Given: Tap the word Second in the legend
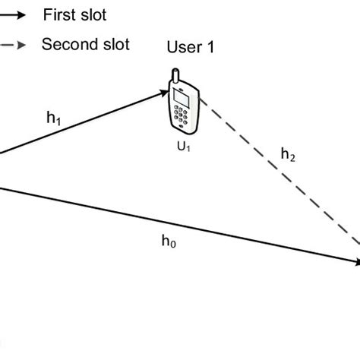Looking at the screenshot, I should coord(69,43).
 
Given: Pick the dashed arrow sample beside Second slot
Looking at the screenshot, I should coord(16,44).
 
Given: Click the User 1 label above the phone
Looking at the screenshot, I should coord(191,48).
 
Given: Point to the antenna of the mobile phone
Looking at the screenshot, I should coord(175,77).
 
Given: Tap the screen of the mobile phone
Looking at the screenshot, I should coord(182,97).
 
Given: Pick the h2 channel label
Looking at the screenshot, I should coord(288,154).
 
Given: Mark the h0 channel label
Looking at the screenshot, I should coord(169,241).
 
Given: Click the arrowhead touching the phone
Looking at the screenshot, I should coord(163,93).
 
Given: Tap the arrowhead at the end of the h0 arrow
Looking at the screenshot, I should coord(355,262).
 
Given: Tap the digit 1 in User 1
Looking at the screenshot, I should coord(210,48).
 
